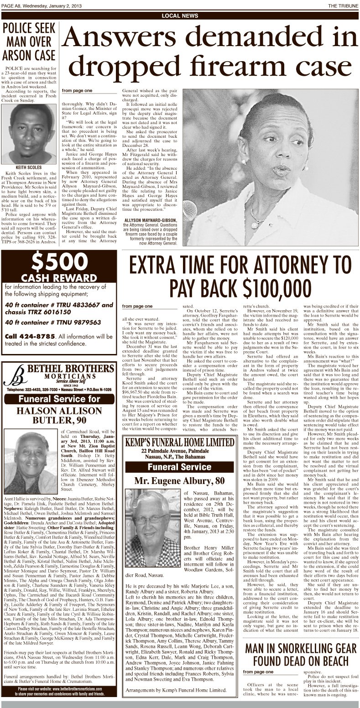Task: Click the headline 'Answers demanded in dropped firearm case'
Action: (211, 53)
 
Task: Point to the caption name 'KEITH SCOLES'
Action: (29, 167)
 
